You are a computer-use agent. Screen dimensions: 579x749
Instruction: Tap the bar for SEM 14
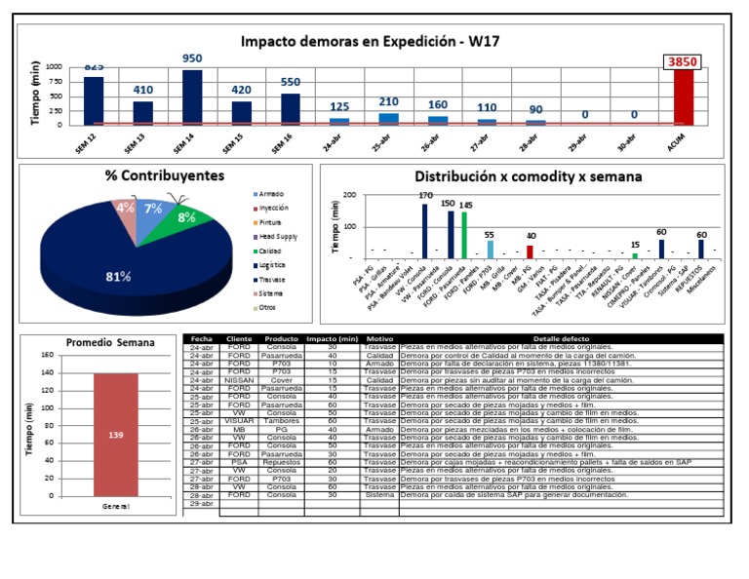click(x=192, y=97)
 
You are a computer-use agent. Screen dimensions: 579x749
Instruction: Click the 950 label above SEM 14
click(x=192, y=58)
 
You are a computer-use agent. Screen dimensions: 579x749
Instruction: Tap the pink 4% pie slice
click(x=125, y=208)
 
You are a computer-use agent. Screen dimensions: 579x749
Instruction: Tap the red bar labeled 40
click(x=530, y=251)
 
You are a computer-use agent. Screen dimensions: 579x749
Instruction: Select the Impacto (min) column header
click(x=333, y=339)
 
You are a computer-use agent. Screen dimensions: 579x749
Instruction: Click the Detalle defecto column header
click(x=560, y=339)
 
